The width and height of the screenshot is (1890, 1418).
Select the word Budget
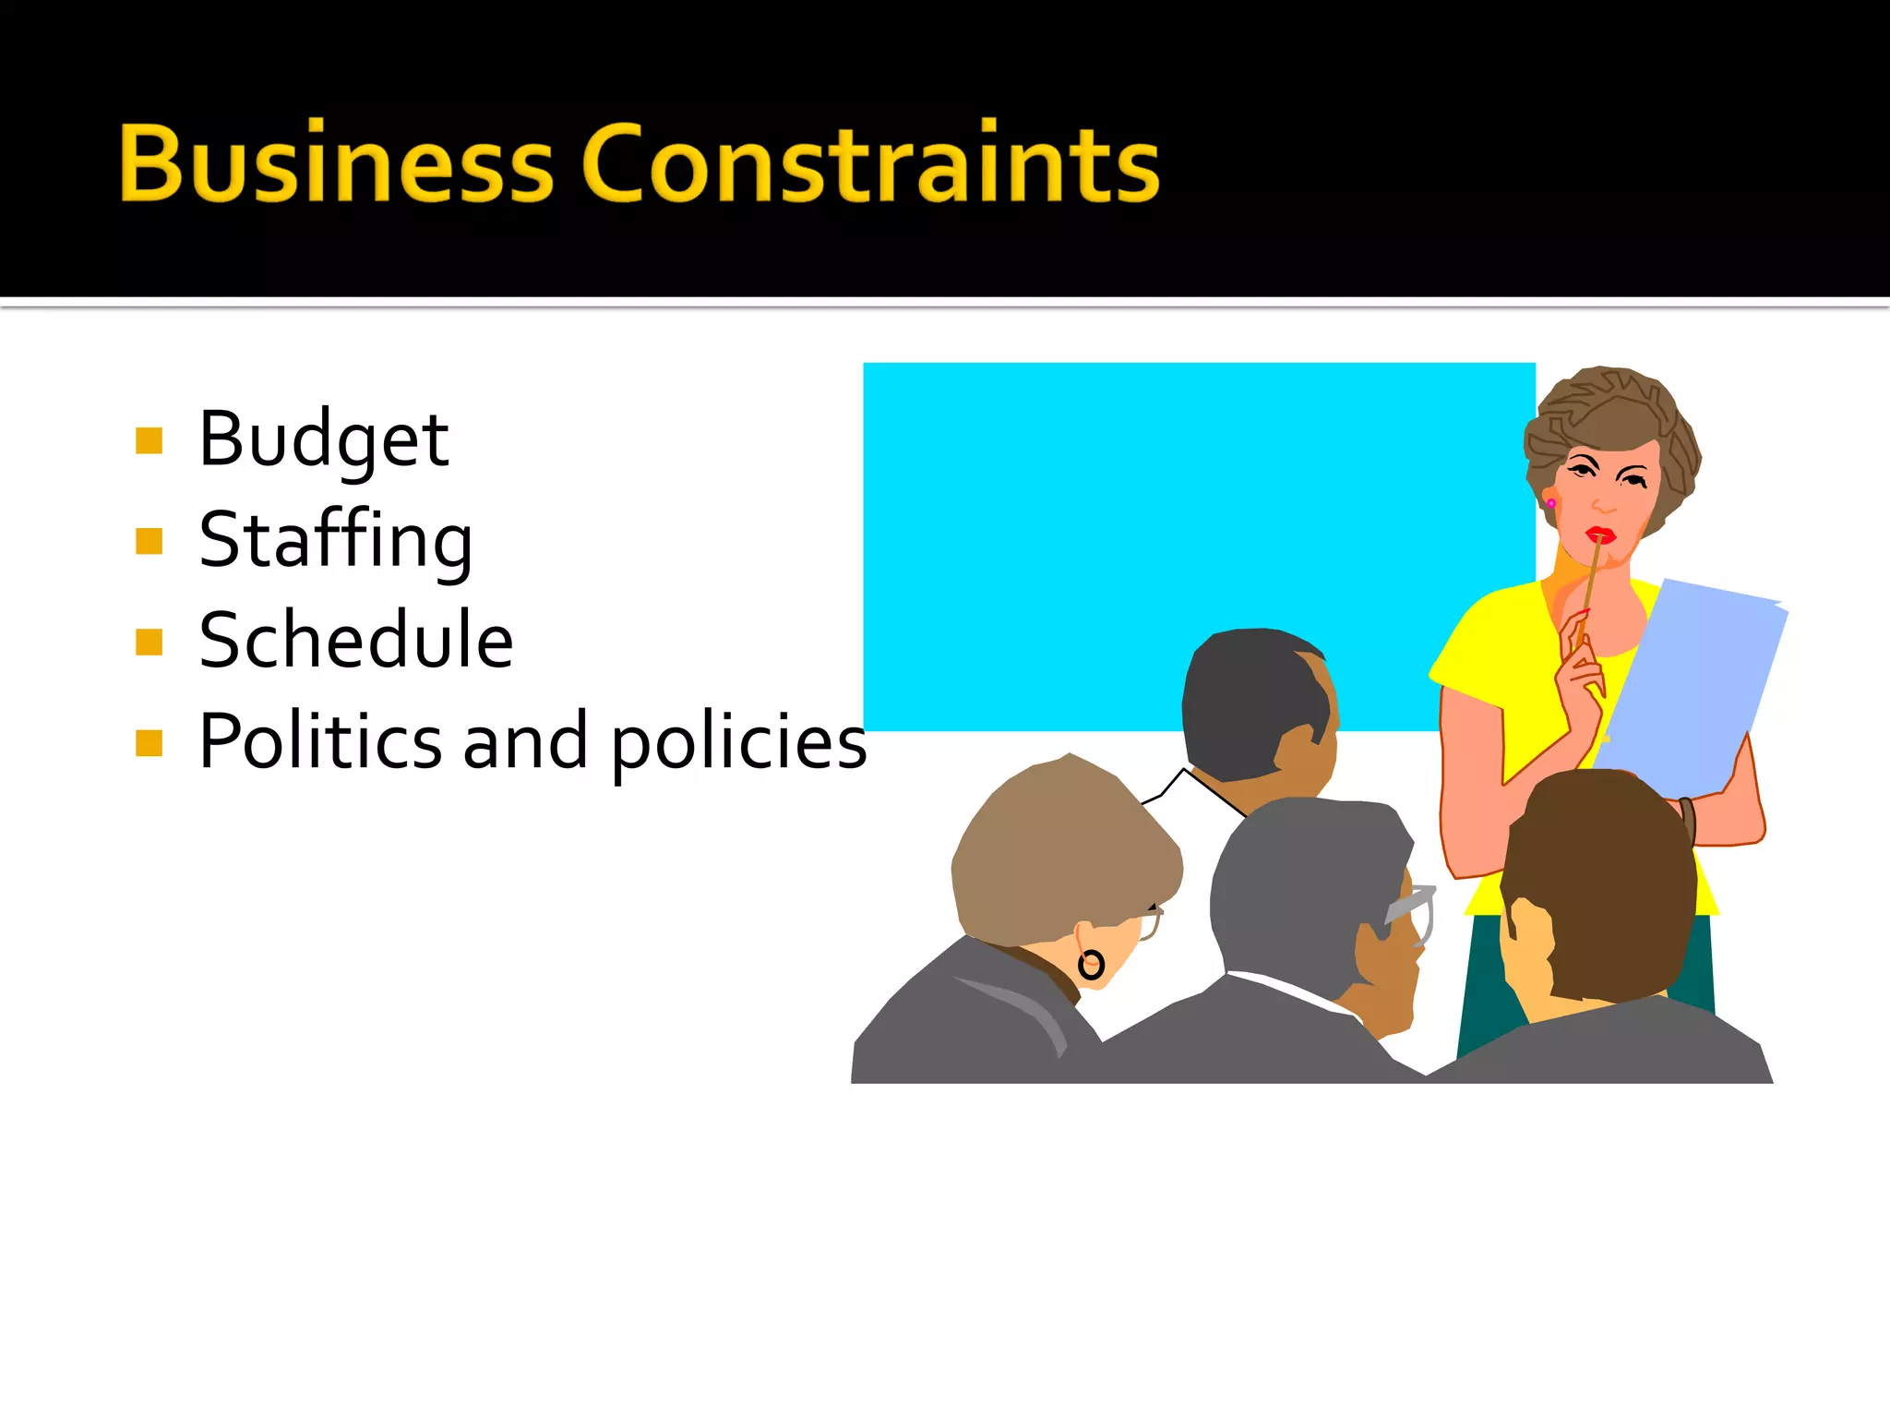click(x=324, y=441)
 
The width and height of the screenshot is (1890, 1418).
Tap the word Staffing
click(x=336, y=541)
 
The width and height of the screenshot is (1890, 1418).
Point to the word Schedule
click(x=356, y=640)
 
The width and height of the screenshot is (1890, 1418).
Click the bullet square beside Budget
click(x=149, y=441)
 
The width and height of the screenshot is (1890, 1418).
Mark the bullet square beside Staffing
click(x=149, y=541)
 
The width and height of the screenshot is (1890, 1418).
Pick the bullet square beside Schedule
click(x=149, y=642)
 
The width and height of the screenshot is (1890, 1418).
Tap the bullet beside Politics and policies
click(x=149, y=742)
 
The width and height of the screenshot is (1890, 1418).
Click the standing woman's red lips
click(x=1600, y=535)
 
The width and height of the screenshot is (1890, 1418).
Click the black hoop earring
click(x=1091, y=965)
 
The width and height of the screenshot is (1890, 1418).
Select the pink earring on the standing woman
click(x=1551, y=503)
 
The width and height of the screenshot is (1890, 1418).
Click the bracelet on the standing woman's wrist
click(x=1688, y=818)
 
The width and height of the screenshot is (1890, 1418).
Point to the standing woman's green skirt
click(x=1486, y=979)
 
